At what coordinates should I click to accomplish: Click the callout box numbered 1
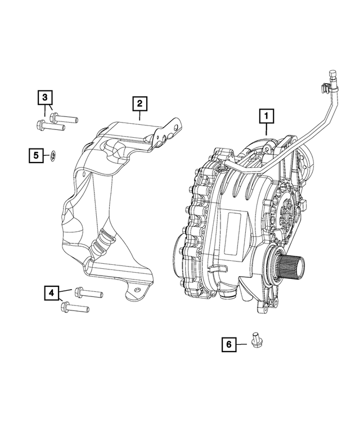266,116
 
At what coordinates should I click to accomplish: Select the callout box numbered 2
139,103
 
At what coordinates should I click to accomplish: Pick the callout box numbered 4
51,292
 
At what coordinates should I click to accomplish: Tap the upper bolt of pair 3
63,118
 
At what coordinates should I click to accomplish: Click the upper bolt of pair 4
88,292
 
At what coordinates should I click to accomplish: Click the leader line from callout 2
139,116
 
